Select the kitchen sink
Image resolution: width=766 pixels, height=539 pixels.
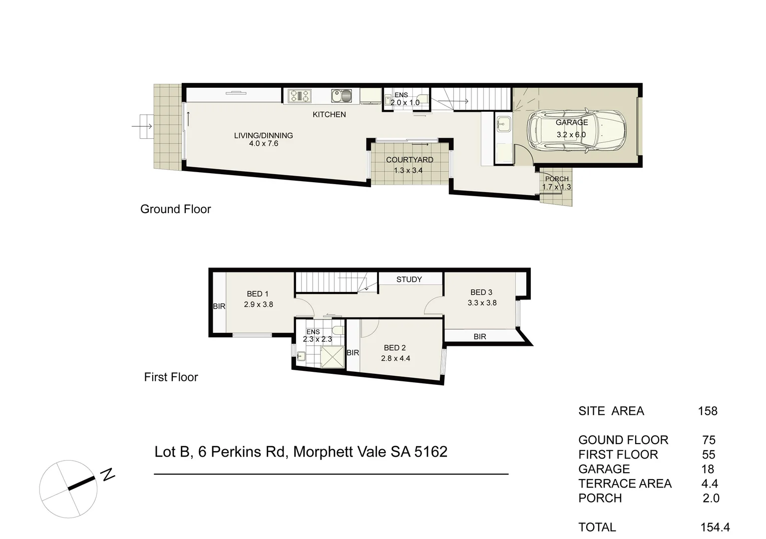341,96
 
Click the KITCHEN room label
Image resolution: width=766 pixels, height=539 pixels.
329,114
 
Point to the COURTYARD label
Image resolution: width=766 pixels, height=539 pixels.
409,160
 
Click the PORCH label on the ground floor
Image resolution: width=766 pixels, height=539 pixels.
557,179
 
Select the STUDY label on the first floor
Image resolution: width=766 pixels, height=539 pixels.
409,279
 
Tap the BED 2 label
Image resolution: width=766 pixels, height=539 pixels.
394,347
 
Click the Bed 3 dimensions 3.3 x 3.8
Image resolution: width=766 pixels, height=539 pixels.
482,302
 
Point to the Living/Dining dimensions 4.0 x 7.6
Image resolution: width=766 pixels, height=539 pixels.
263,144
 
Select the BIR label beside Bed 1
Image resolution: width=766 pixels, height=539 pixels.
219,306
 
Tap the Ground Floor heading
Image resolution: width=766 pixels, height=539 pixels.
175,209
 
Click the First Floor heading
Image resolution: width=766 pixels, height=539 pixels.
171,377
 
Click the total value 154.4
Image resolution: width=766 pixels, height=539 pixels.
715,527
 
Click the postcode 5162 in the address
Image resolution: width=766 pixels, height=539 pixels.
430,452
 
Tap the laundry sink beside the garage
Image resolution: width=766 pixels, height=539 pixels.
504,124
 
